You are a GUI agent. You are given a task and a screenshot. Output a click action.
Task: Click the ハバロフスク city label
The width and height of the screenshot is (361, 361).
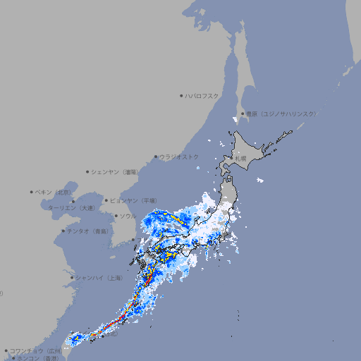point(202,95)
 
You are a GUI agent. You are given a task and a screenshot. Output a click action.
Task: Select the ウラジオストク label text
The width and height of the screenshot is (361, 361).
point(179,157)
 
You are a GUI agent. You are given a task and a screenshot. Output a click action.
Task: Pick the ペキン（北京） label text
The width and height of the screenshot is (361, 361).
point(54,192)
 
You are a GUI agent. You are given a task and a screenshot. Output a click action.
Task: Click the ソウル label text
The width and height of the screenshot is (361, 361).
point(128,216)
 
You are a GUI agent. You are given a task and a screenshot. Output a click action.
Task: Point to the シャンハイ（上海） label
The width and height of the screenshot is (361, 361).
point(99,278)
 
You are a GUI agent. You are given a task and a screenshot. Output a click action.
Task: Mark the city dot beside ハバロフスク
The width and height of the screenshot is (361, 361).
point(181,95)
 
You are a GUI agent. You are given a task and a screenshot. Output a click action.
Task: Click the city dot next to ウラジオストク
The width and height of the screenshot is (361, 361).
point(156,157)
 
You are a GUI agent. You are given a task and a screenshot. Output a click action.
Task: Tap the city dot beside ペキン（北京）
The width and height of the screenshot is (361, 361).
point(32,192)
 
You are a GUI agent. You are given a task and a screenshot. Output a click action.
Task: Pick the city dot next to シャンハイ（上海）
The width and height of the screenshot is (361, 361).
point(72,278)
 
